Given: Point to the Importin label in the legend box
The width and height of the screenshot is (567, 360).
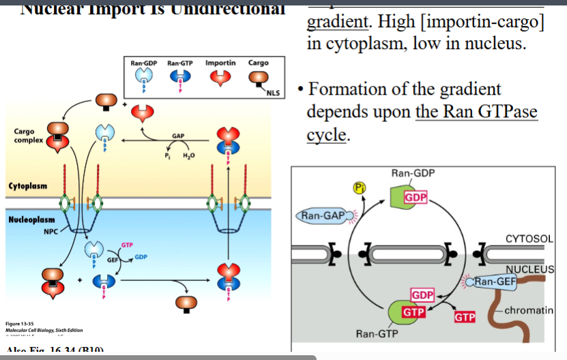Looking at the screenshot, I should click(x=220, y=63).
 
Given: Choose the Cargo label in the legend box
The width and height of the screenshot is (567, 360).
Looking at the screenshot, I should click(x=258, y=63).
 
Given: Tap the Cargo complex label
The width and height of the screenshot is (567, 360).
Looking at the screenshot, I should click(x=28, y=135).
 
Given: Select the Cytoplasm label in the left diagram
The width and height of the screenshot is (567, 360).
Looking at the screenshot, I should click(x=27, y=186).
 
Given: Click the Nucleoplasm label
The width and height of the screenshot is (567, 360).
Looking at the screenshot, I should click(x=31, y=220).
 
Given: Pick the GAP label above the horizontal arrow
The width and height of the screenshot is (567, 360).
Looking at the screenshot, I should click(x=178, y=136).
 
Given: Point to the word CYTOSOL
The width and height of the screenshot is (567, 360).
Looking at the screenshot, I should click(x=532, y=239).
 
